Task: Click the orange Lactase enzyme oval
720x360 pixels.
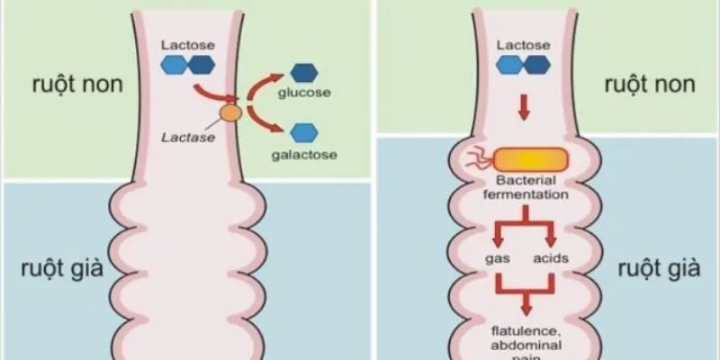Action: point(231,113)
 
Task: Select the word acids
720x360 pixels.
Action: point(554,258)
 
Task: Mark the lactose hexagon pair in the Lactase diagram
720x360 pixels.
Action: point(188,64)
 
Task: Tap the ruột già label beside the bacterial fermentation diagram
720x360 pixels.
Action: point(648,267)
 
